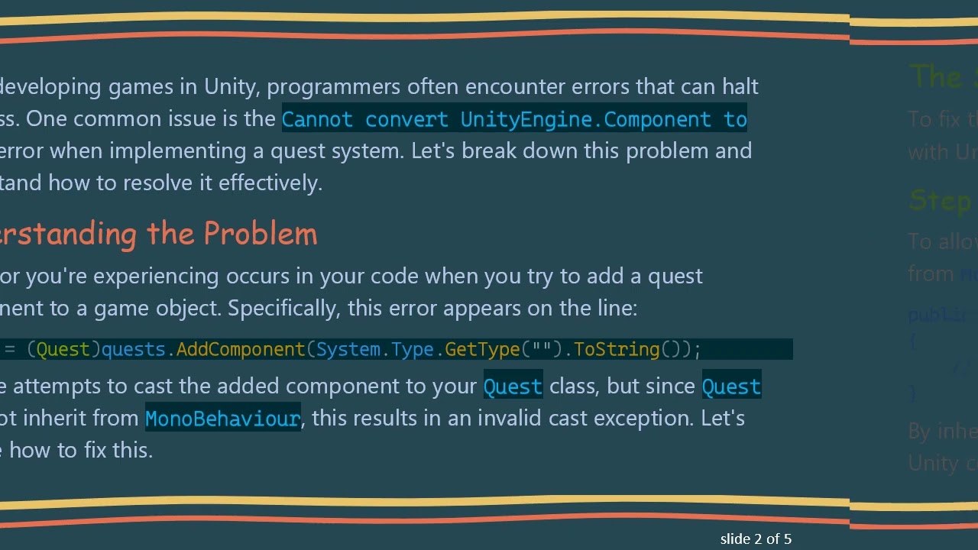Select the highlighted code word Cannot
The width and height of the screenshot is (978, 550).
pyautogui.click(x=317, y=119)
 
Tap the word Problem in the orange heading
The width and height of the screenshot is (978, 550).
pyautogui.click(x=261, y=234)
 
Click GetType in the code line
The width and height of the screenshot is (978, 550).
pyautogui.click(x=482, y=349)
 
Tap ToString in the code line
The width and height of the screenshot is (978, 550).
pyautogui.click(x=617, y=349)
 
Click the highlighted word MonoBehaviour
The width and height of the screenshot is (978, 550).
pyautogui.click(x=222, y=419)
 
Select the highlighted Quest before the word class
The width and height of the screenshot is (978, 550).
pyautogui.click(x=513, y=387)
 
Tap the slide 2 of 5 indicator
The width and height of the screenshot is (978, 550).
pyautogui.click(x=756, y=539)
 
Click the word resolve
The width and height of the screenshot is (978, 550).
pyautogui.click(x=168, y=183)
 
